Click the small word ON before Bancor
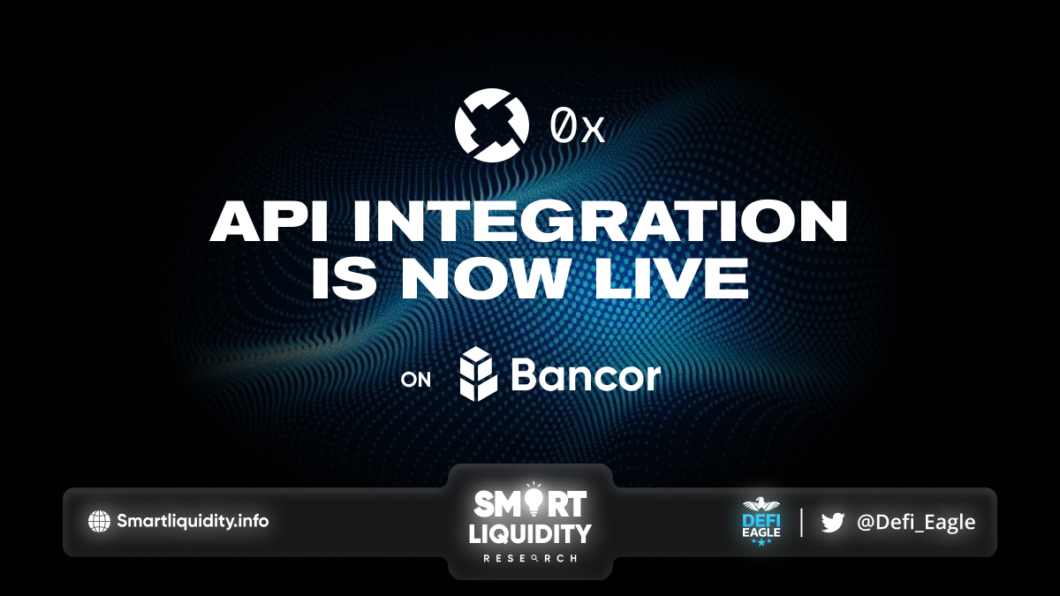point(415,380)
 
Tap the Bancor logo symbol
point(479,373)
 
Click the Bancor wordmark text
point(586,375)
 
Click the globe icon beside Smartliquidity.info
point(99,521)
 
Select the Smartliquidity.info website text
point(193,521)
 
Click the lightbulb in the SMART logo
point(534,502)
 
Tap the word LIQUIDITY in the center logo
point(530,533)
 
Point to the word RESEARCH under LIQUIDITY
point(530,559)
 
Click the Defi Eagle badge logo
point(761,521)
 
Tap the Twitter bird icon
point(833,522)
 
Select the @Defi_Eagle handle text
point(916,522)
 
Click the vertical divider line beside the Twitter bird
point(801,522)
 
